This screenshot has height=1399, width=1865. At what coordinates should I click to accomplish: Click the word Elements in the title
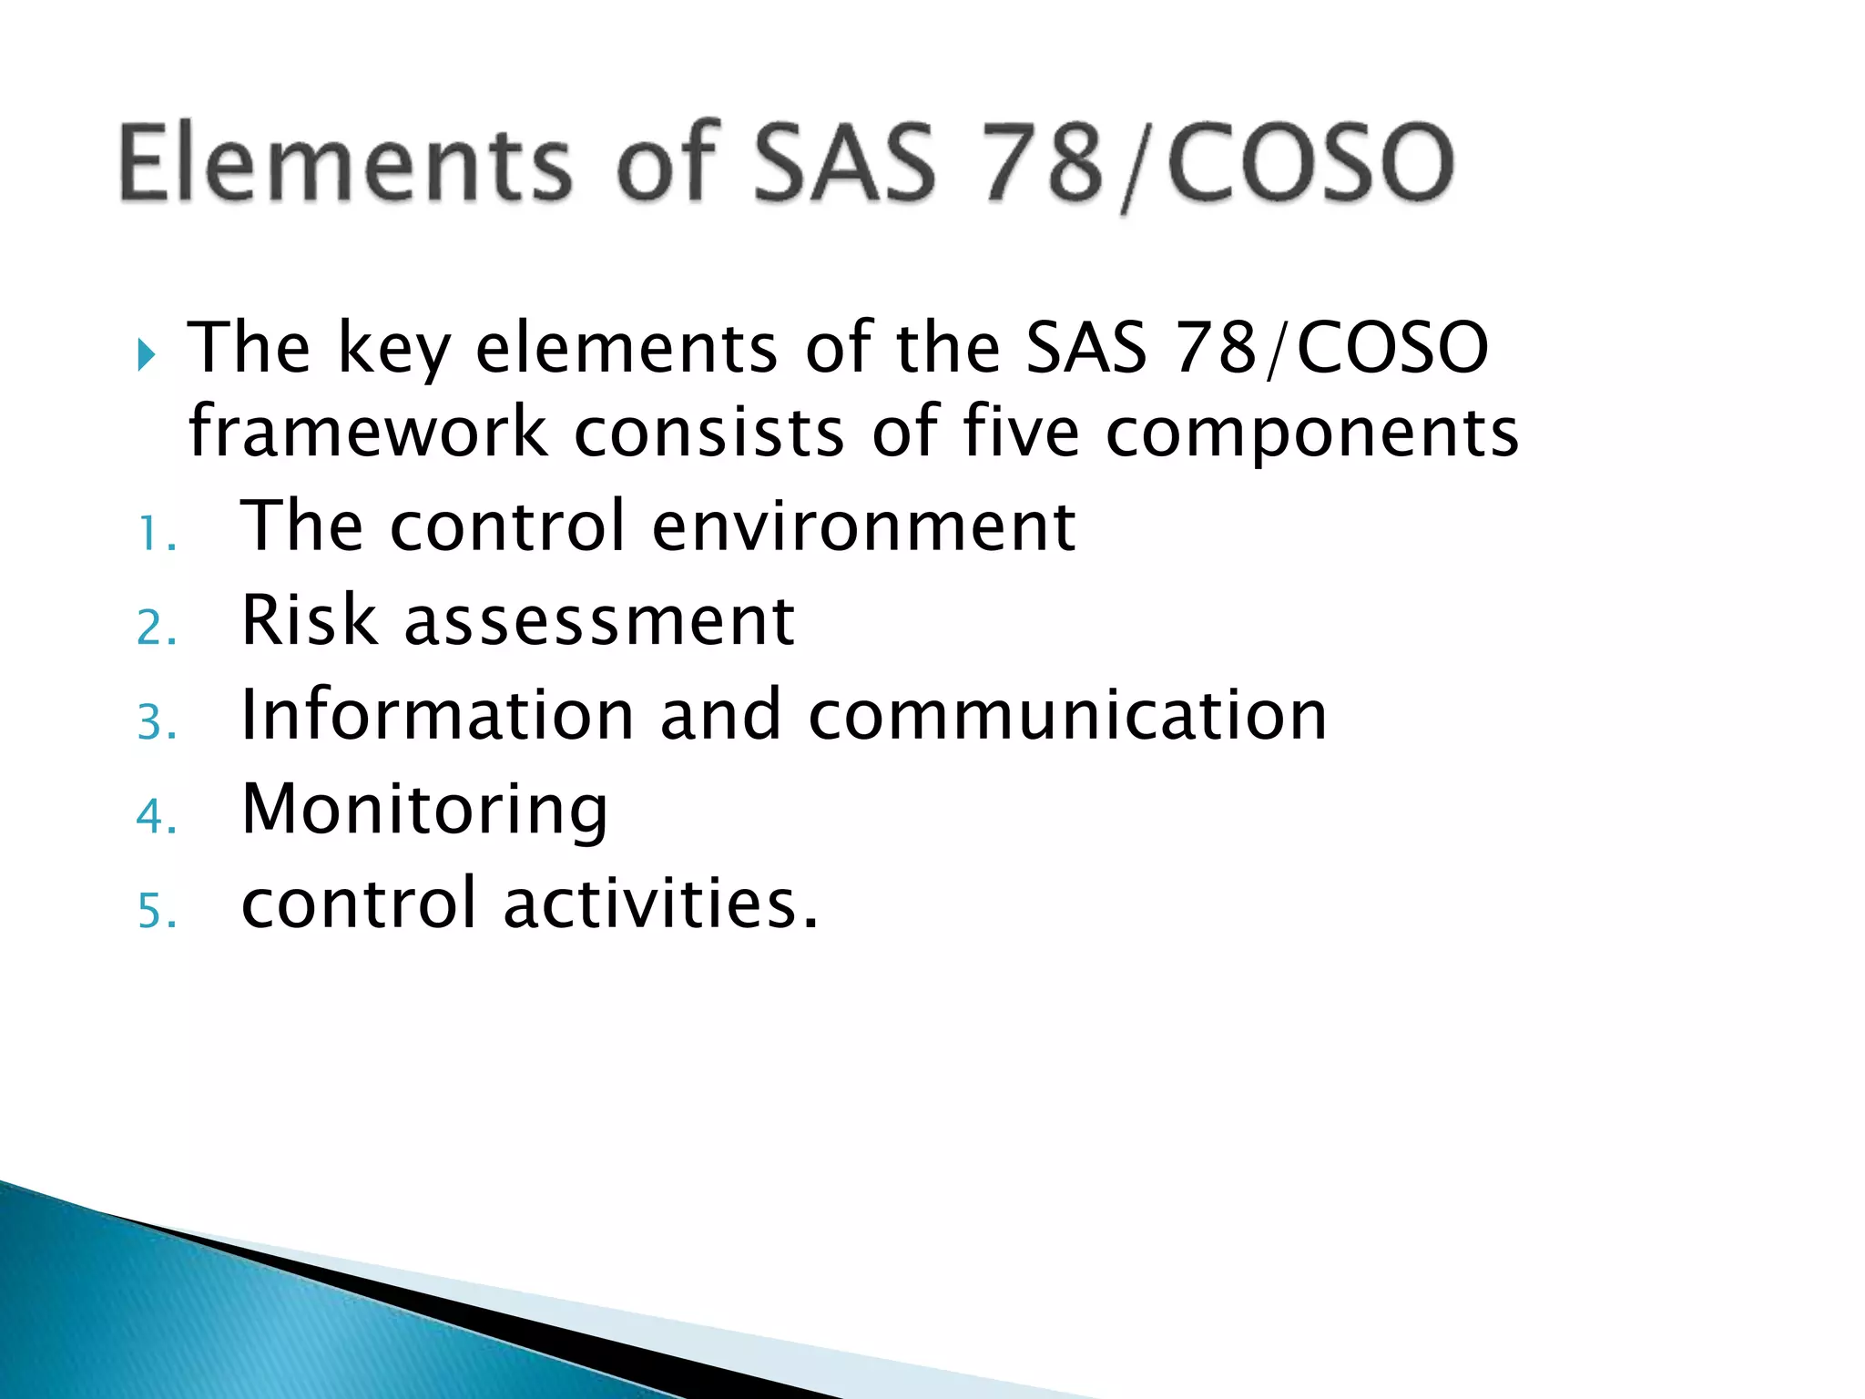click(x=345, y=164)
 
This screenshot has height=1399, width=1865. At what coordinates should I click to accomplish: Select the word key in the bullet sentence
click(x=394, y=350)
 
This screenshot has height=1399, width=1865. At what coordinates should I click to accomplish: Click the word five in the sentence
click(x=1021, y=432)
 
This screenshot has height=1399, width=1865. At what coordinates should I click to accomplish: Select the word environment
click(x=864, y=527)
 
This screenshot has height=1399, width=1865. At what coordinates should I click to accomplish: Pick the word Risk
click(x=309, y=621)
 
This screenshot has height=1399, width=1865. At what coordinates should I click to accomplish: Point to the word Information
click(x=437, y=716)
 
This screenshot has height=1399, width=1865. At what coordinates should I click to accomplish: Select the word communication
click(x=1067, y=716)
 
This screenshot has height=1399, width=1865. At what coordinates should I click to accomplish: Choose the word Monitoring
click(x=424, y=812)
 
